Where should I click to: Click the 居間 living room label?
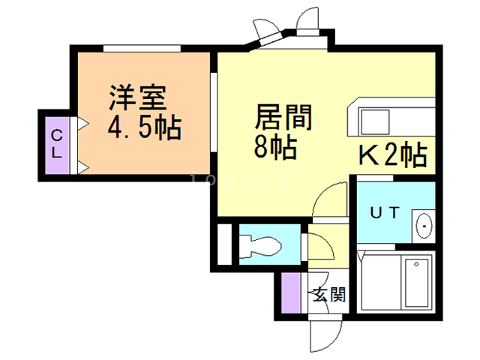pos(283,118)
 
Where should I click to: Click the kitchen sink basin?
pos(374,121)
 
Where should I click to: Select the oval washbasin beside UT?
pos(423,223)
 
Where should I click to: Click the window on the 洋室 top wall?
pos(142,47)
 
